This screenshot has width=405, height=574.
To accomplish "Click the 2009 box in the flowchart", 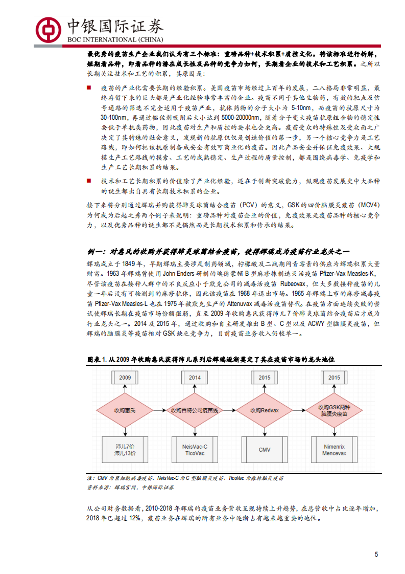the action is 126,378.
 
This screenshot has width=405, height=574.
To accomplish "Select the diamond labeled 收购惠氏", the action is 126,410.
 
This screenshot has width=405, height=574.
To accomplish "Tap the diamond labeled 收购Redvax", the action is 265,410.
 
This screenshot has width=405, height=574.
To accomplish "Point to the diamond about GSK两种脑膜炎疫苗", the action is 335,410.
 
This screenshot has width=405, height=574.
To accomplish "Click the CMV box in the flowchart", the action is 265,450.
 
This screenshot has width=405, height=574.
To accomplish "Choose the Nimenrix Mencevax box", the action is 335,450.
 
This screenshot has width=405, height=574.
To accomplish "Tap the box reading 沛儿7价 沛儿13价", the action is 126,450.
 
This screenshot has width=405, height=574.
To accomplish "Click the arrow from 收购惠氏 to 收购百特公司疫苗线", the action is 159,410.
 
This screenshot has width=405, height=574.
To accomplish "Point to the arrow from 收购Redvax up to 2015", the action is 265,391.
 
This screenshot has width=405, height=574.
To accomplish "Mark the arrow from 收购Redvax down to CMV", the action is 265,430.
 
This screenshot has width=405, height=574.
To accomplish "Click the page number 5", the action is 376,555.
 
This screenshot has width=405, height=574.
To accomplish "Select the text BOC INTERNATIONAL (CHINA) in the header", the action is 115,40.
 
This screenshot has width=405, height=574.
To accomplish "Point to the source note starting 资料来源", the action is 123,488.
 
